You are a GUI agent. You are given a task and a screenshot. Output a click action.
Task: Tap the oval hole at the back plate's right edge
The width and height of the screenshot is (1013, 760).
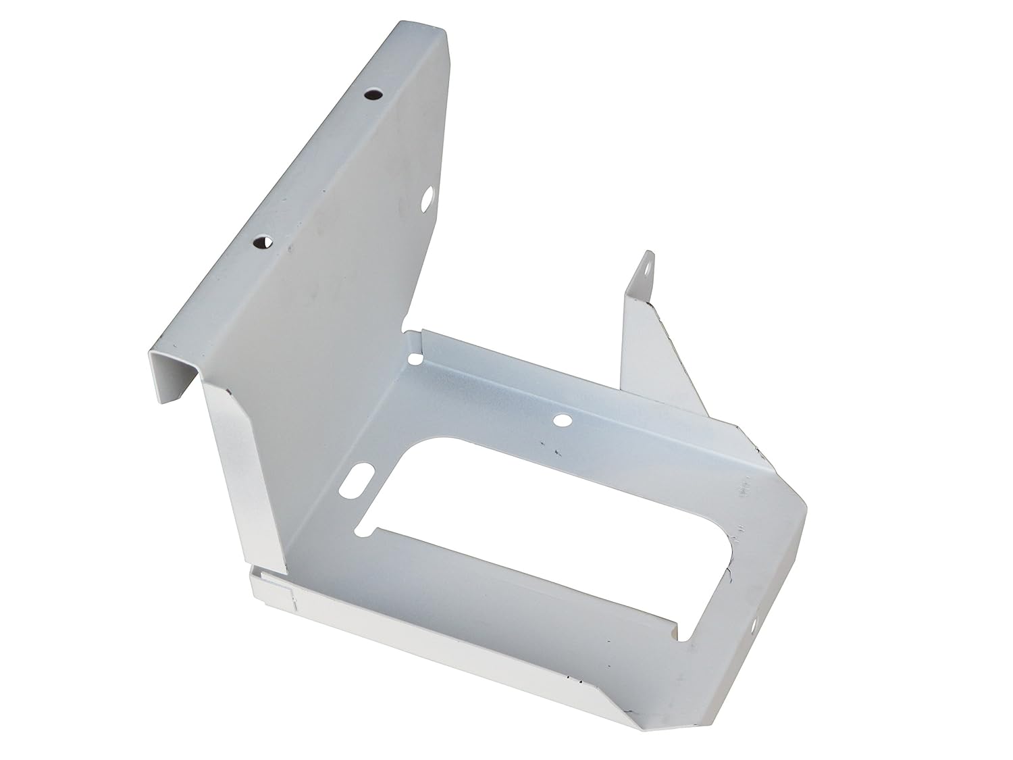[x=427, y=200]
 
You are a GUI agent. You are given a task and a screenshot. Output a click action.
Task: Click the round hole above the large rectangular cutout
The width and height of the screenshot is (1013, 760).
[x=560, y=421]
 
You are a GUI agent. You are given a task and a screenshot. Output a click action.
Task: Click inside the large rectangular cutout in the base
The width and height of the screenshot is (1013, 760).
[x=540, y=520]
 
